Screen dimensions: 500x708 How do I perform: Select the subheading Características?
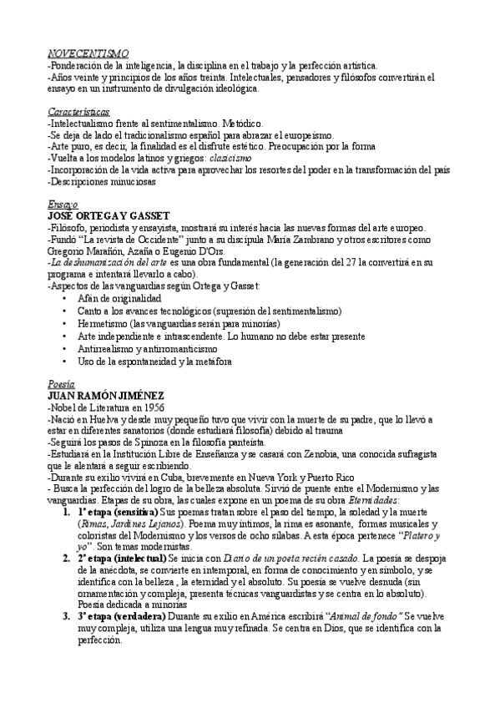click(x=78, y=110)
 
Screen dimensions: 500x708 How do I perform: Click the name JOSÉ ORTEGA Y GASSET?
click(x=109, y=215)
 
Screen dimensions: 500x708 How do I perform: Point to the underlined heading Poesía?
click(x=62, y=384)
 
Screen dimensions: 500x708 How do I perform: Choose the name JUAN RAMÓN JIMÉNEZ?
click(x=106, y=396)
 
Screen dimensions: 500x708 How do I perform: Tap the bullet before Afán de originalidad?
click(x=65, y=298)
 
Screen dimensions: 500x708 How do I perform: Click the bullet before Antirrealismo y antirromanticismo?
click(x=65, y=349)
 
